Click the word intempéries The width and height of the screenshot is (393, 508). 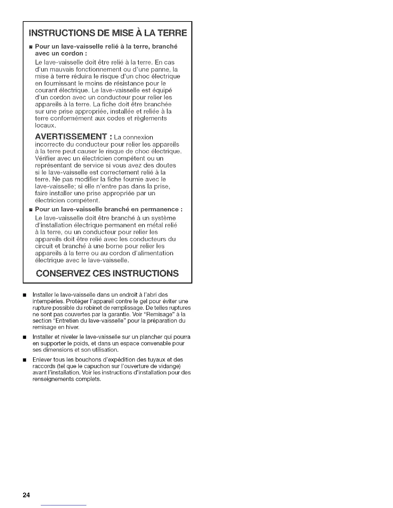pos(48,301)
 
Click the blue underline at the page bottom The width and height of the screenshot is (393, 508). pos(64,505)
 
